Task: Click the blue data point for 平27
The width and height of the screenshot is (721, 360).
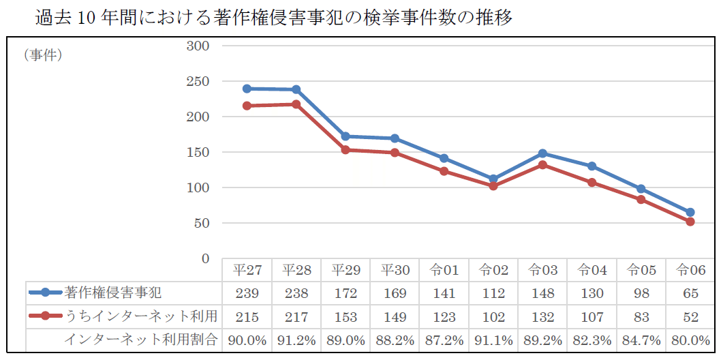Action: tap(247, 89)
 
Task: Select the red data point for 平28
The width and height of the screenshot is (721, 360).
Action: tap(296, 104)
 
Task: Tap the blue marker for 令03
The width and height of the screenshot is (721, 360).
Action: tap(542, 153)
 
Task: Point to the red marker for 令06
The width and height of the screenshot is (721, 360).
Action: tap(690, 222)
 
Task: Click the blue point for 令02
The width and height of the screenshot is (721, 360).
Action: tap(493, 179)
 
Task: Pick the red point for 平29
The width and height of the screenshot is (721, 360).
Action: tap(346, 149)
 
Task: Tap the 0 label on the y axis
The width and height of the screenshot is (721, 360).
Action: tap(204, 258)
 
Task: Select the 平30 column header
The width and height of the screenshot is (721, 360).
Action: tap(395, 270)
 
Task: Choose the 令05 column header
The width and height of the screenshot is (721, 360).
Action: tap(641, 270)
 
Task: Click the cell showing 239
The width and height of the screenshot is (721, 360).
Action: tap(247, 293)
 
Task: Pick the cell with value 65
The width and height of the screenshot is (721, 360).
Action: tap(690, 293)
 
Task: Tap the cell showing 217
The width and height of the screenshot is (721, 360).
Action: tap(296, 316)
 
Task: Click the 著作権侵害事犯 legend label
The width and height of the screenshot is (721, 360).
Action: tap(112, 293)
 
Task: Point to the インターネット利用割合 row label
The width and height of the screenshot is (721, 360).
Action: tap(141, 340)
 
